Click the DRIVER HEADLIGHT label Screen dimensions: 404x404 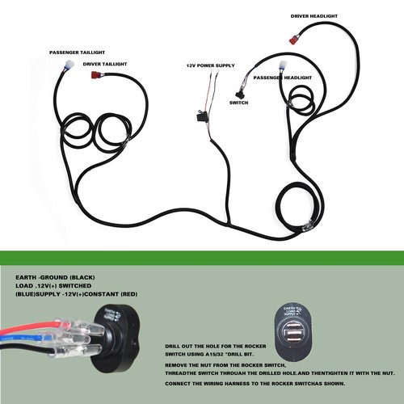pos(314,16)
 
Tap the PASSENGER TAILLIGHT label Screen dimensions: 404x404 pos(77,53)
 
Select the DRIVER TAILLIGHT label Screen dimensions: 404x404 pos(105,64)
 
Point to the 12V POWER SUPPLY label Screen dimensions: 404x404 pos(211,65)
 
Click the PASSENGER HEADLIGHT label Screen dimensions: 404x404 pos(283,78)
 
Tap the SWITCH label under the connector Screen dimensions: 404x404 pos(239,103)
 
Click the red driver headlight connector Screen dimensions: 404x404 pos(294,40)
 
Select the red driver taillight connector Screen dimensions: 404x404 pos(95,74)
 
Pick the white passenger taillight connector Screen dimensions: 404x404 pos(69,65)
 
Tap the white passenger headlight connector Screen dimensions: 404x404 pos(283,65)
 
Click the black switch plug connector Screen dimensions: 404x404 pos(239,95)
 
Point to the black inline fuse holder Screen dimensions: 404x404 pos(200,117)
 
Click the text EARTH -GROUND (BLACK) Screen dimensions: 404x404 pos(55,277)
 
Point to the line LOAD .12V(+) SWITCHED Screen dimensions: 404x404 pos(53,286)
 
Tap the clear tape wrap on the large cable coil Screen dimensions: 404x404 pos(307,226)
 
